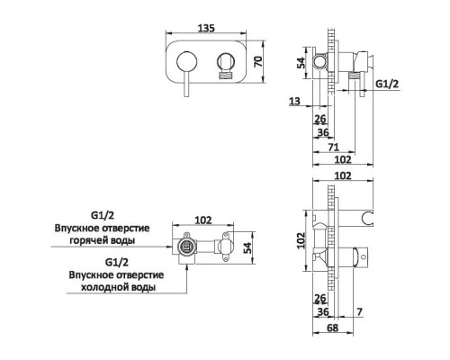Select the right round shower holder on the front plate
click(226, 63)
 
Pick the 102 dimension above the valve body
click(202, 218)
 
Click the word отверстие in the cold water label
click(130, 274)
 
